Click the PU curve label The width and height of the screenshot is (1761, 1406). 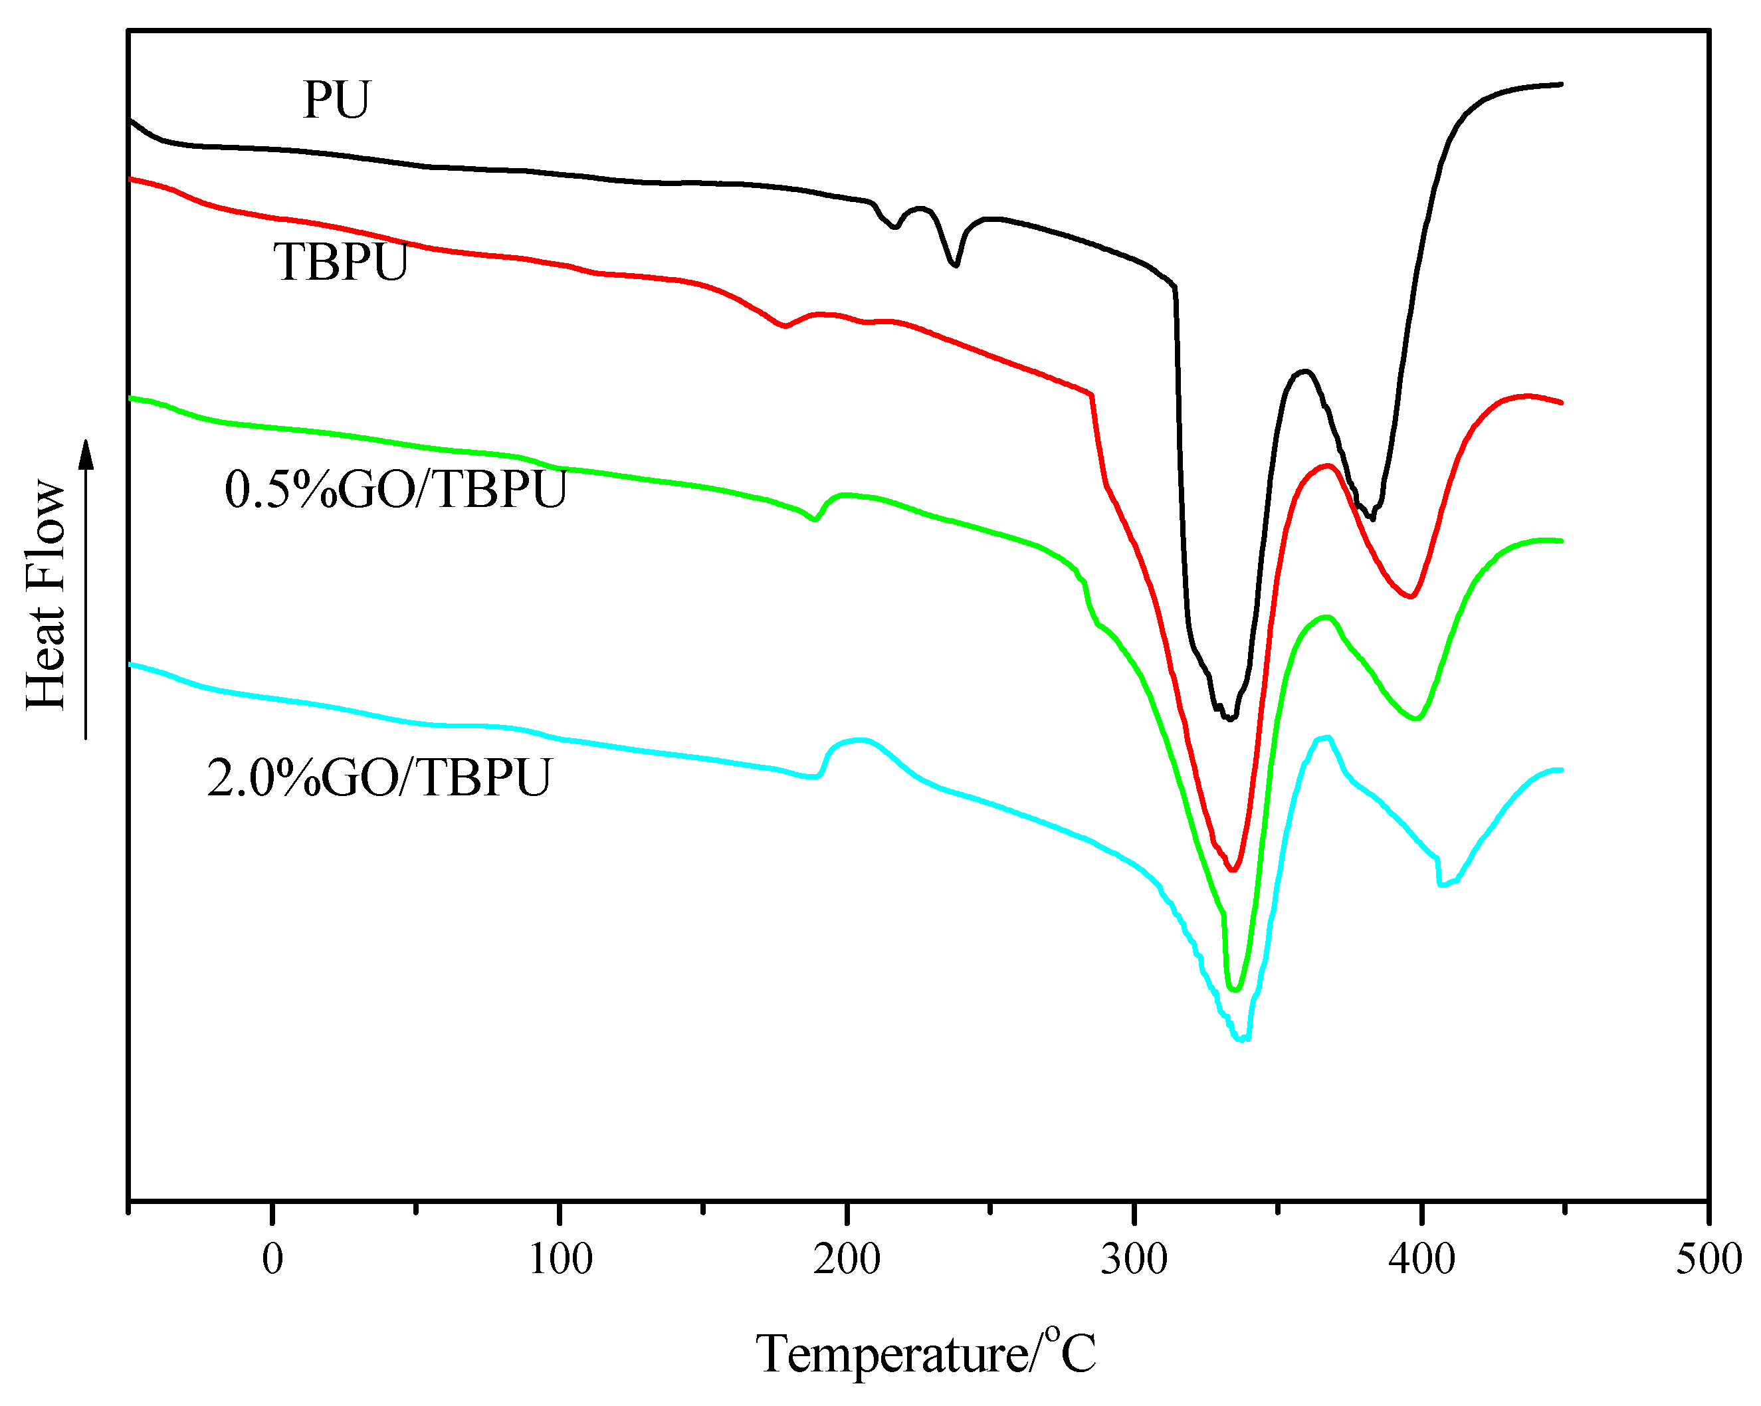coord(336,100)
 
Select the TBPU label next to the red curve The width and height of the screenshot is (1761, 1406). coord(341,263)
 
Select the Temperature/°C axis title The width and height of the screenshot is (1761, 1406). coord(926,1354)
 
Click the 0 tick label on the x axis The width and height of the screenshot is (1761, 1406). coord(273,1259)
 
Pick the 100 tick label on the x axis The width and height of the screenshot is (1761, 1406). coord(560,1259)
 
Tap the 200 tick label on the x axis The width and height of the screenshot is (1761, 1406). coord(847,1259)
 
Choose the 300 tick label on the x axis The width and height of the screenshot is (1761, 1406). coord(1134,1259)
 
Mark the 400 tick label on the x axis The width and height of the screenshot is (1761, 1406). coord(1422,1259)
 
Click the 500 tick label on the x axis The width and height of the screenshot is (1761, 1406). coord(1709,1259)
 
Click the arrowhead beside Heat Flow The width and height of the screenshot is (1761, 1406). coord(86,454)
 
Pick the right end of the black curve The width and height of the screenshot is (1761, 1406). coord(1561,84)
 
